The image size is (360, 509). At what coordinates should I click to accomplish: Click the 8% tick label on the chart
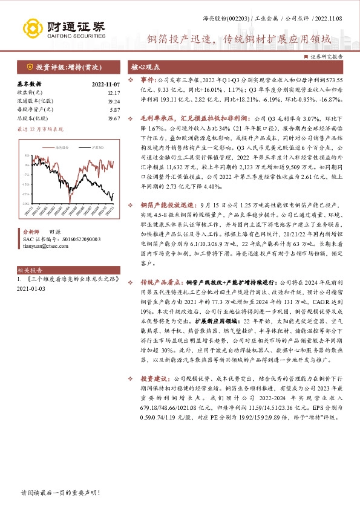tap(27, 155)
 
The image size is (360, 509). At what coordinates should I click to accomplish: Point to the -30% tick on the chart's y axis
tap(26, 204)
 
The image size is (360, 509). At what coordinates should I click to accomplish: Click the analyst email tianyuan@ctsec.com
tap(45, 245)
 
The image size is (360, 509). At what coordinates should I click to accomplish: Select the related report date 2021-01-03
tap(31, 288)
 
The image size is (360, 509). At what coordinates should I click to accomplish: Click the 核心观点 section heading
tap(146, 66)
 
